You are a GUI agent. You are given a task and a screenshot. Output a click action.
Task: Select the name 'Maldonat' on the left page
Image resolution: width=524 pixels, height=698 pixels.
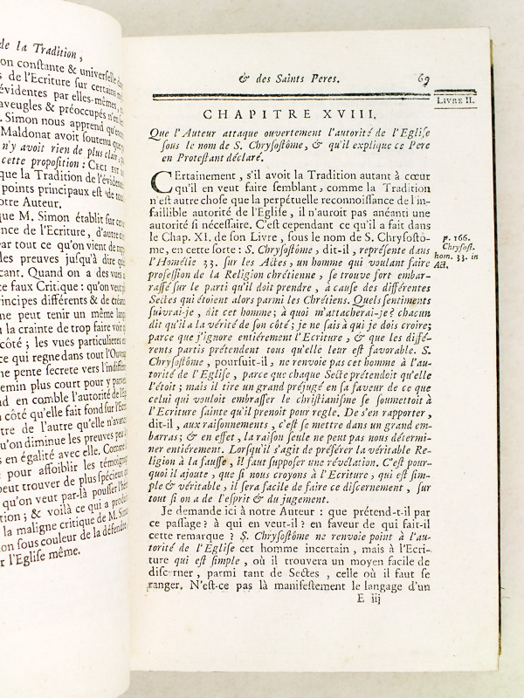pyautogui.click(x=31, y=183)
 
